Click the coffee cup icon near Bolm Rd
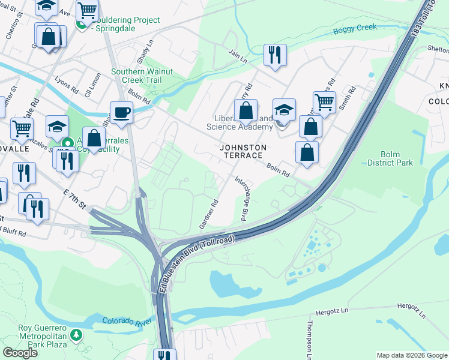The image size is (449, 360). pyautogui.click(x=121, y=112)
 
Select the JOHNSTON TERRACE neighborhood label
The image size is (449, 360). pyautogui.click(x=241, y=151)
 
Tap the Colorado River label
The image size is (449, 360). pyautogui.click(x=126, y=323)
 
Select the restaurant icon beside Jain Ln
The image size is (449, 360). pyautogui.click(x=275, y=55)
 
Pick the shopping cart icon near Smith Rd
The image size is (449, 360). pyautogui.click(x=324, y=102)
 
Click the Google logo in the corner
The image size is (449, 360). pyautogui.click(x=20, y=353)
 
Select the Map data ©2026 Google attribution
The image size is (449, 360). pyautogui.click(x=411, y=355)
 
